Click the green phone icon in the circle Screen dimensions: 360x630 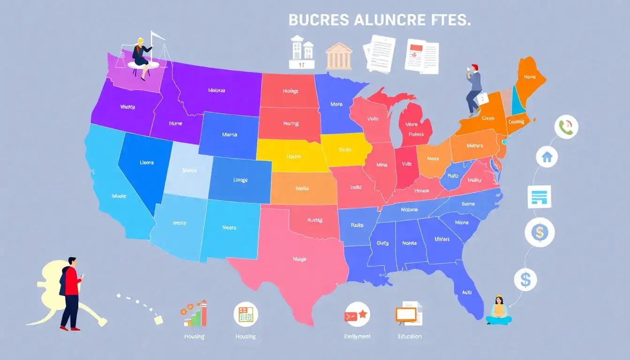[566, 127]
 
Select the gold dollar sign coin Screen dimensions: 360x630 [540, 232]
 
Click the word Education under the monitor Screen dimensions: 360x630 [409, 336]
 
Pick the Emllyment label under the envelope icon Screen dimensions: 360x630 [357, 336]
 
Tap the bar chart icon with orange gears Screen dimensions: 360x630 [194, 313]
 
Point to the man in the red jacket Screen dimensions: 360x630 [70, 293]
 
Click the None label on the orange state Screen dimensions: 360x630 [530, 77]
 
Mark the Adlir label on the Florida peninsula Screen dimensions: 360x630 [466, 292]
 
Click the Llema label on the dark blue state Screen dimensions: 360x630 [147, 163]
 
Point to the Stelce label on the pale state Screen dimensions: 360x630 [189, 171]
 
